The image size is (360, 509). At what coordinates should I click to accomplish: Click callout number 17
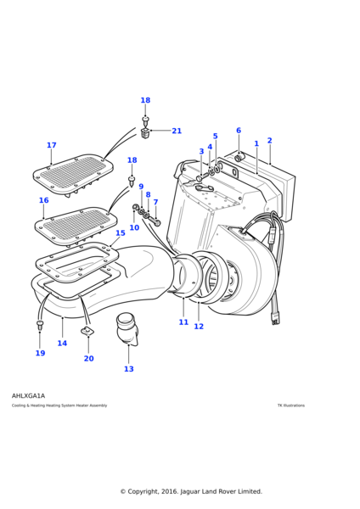51,145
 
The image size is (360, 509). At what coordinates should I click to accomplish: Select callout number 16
43,201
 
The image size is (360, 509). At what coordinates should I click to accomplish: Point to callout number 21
177,131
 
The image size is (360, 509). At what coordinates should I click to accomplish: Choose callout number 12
199,327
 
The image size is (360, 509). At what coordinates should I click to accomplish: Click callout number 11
183,322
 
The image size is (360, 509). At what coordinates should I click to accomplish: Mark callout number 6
239,131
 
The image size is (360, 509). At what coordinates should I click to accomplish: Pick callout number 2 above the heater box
269,141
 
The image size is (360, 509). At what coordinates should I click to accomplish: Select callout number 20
88,358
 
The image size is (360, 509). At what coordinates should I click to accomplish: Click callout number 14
62,344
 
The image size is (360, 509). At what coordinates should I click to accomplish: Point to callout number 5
215,136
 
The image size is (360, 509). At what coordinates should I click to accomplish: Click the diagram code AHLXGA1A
29,395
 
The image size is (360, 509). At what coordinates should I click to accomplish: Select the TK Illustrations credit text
290,406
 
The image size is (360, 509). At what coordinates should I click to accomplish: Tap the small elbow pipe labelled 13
127,326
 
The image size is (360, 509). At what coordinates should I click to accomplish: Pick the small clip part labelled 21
146,132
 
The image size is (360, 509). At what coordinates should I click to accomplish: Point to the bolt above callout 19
40,324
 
